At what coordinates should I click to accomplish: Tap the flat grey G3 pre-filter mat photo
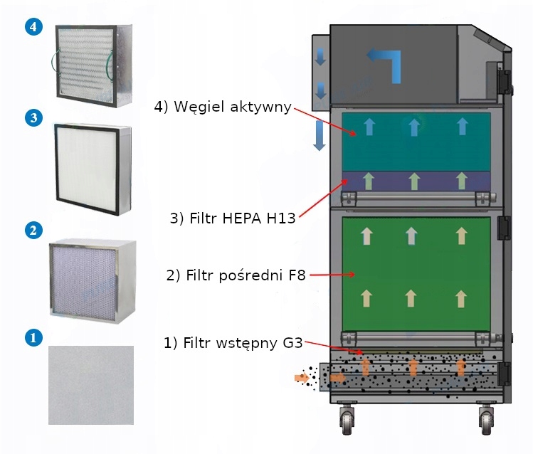(90, 385)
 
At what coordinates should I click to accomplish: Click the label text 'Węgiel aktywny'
(223, 107)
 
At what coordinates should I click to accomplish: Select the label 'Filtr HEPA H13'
(232, 218)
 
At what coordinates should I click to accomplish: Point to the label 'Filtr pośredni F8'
(235, 275)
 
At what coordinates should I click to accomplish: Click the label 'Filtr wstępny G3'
(233, 343)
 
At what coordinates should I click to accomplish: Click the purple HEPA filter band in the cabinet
(416, 181)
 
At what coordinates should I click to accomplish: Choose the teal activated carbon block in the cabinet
(416, 140)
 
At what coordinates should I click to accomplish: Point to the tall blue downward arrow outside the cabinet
(320, 135)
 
